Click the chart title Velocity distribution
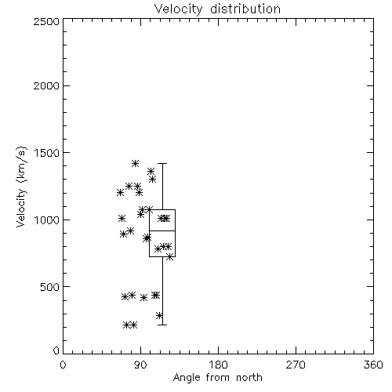coord(217,9)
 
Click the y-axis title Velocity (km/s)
coord(21,187)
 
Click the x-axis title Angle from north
coord(217,377)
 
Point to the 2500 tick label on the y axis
coord(46,21)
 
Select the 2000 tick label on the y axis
coord(46,85)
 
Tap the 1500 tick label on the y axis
coord(47,153)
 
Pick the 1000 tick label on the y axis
coord(47,220)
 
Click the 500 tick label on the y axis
coord(50,287)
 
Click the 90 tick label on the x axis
coord(140,365)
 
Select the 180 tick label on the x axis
coord(218,365)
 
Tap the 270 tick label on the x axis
coord(296,365)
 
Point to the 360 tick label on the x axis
coord(373,365)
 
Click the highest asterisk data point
coord(135,163)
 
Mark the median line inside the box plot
coord(162,230)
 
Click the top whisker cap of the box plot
coord(162,163)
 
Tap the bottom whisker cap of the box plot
coord(162,325)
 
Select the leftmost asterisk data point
coord(120,193)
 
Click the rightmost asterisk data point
coord(170,257)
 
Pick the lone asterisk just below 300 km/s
coord(159,315)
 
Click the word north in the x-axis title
coord(249,377)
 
